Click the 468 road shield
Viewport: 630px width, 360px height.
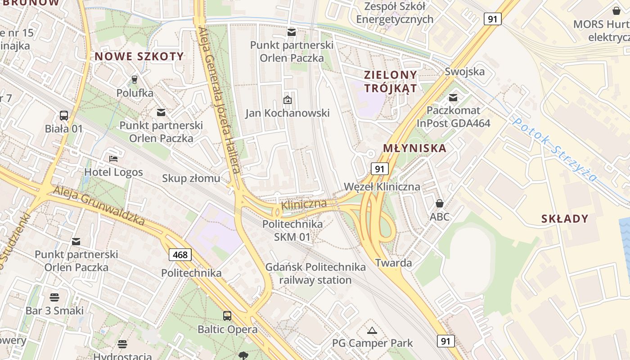point(180,255)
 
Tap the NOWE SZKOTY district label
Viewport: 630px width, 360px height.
point(139,56)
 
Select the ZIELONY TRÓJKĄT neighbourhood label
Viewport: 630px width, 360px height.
point(391,81)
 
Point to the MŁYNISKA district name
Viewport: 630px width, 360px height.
point(414,148)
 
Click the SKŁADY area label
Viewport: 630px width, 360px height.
point(565,219)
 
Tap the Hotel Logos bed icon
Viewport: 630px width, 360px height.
point(113,159)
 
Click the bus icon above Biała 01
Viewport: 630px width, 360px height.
point(64,115)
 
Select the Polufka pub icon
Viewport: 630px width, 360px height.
point(134,80)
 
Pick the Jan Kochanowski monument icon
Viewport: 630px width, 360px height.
point(288,99)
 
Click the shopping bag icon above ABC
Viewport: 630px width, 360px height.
point(439,203)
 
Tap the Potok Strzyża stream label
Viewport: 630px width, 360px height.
point(555,149)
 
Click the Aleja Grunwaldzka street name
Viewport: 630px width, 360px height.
point(99,206)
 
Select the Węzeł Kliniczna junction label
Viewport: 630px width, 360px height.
point(382,186)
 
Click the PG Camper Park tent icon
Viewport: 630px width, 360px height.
point(372,331)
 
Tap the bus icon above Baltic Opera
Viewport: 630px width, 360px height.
point(227,315)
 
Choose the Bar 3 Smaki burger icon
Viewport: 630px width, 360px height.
point(54,297)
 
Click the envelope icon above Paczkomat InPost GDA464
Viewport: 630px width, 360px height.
point(453,97)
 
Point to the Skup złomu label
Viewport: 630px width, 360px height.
point(191,178)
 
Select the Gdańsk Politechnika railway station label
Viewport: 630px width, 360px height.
point(315,274)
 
